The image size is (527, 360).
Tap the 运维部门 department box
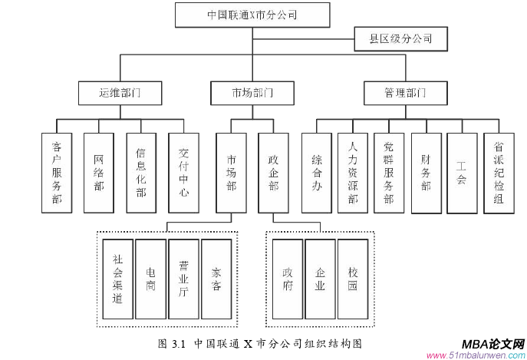[120, 93]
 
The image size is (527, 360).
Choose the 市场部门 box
[252, 93]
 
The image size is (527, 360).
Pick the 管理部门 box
[405, 93]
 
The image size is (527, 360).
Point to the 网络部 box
[99, 173]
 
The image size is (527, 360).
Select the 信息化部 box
[141, 173]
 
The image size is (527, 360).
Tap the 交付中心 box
[183, 173]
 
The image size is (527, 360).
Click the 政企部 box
[273, 173]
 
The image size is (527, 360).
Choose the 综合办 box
[317, 173]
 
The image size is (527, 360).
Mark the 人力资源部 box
[353, 173]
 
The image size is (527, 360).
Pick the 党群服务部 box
[389, 173]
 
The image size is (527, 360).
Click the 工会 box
[462, 173]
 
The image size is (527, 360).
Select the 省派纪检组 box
[499, 173]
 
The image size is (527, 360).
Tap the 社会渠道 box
[117, 279]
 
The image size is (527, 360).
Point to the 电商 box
[150, 279]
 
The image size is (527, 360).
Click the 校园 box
[353, 279]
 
